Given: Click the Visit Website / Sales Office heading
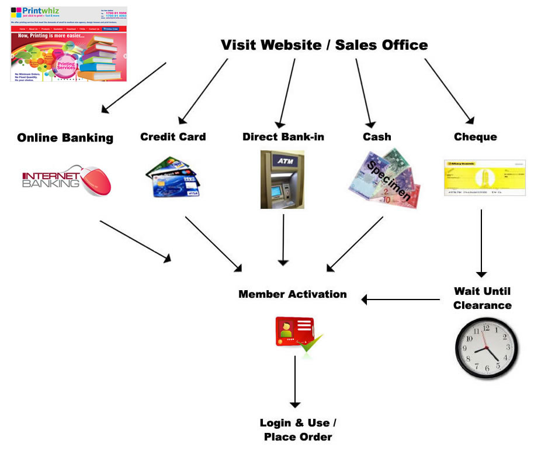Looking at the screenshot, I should coord(324,45).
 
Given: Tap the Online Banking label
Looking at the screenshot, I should coord(65,138).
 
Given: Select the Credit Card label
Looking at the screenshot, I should coord(173,137).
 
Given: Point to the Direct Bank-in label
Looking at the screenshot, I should coord(283,137).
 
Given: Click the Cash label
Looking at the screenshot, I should coord(377,137).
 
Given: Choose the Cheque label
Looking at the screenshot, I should coord(475,137).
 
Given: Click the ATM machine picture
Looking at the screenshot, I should coord(282,180).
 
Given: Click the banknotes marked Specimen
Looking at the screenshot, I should coord(384,179).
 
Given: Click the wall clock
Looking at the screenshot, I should coord(486,347).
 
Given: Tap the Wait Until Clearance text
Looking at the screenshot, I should coord(482,298).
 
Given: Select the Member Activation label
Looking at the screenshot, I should coord(292,294).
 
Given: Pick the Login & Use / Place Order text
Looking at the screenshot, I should coord(298,430).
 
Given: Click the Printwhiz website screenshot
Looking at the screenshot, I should coord(69,44).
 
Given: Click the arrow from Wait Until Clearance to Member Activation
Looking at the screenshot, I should coord(400,300).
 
